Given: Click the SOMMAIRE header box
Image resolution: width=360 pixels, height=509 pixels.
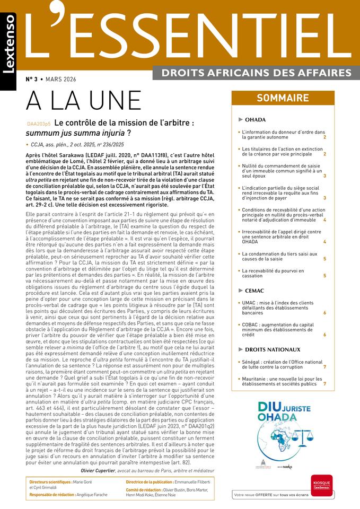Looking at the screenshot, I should pos(283,98).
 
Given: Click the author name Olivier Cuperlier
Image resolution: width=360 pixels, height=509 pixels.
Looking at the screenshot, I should pos(105,470).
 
